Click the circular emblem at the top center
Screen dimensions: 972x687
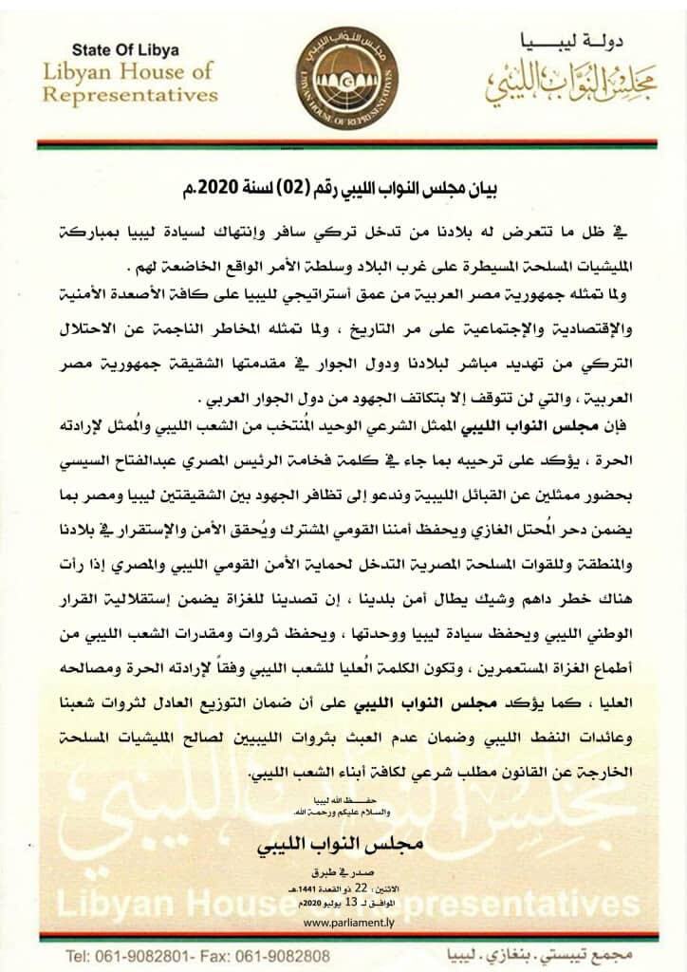click(343, 69)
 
